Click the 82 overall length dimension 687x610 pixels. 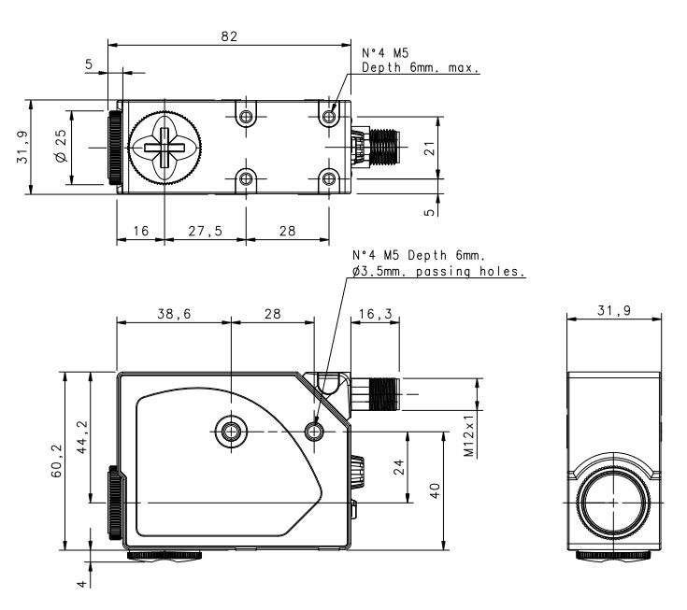(x=229, y=36)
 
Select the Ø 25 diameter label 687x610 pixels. (x=61, y=146)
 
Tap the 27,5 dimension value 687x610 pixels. (x=205, y=231)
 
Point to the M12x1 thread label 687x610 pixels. (x=469, y=435)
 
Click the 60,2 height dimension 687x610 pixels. (x=57, y=461)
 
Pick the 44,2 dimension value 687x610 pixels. (x=82, y=437)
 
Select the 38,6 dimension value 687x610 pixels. (x=174, y=314)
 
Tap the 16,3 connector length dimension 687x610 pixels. (x=376, y=314)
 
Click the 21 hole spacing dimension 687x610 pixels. (x=430, y=149)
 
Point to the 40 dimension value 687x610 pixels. (x=435, y=490)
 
